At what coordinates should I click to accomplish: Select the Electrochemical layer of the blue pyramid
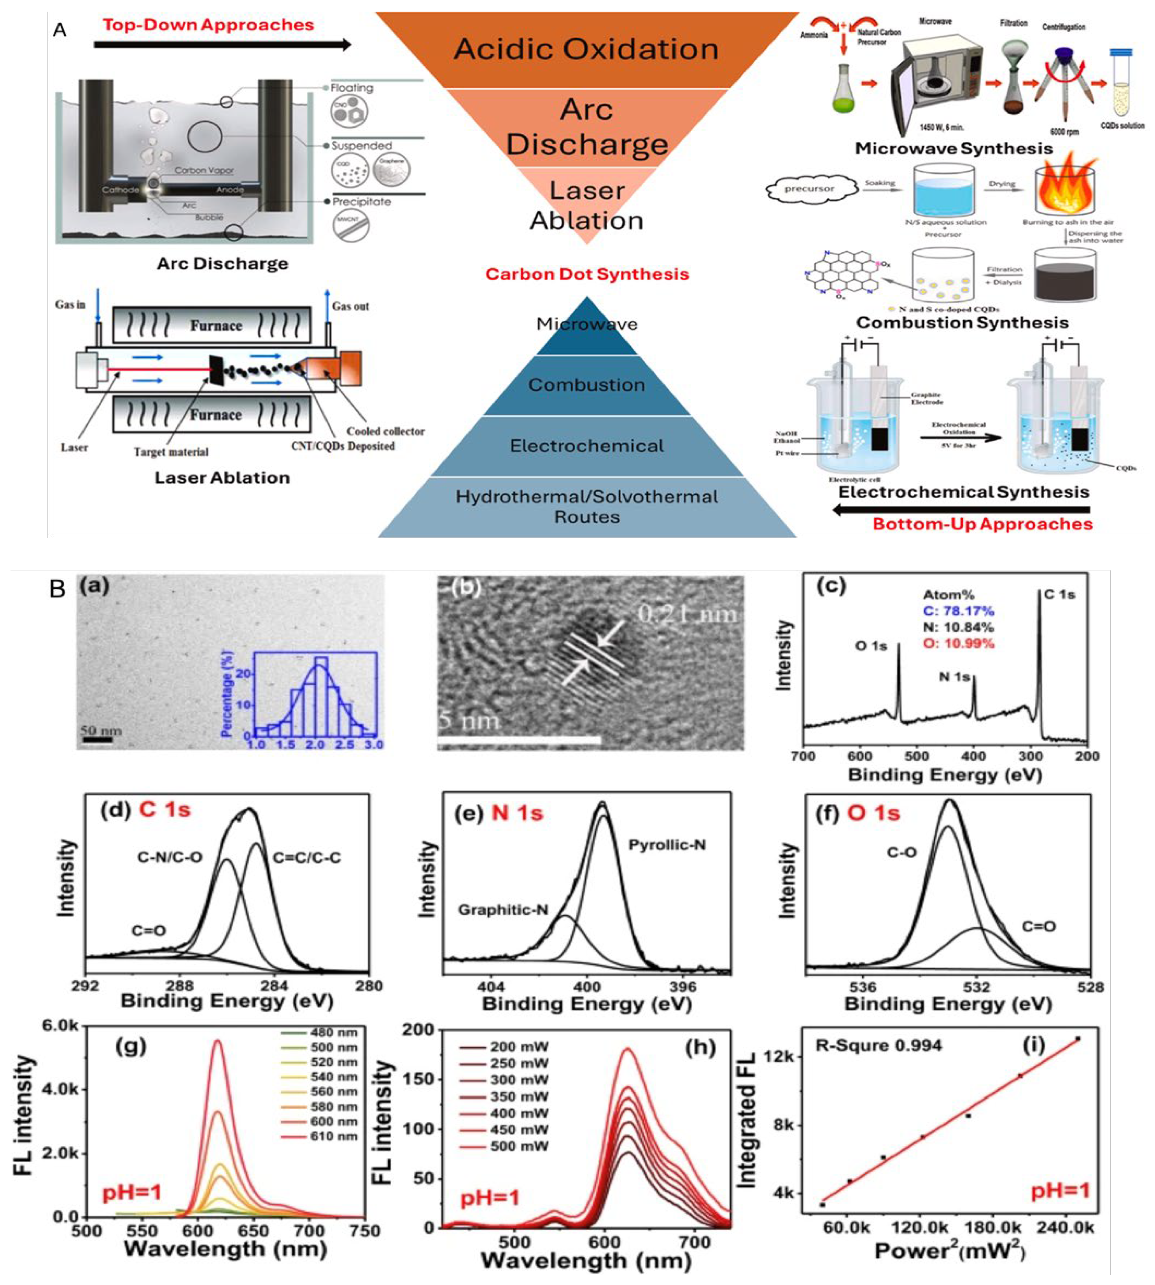tap(586, 446)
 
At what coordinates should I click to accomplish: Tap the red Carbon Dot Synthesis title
tap(586, 274)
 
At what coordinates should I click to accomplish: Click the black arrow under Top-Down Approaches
tap(222, 44)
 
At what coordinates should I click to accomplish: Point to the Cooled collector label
tap(385, 431)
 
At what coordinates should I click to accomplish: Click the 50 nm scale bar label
tap(100, 731)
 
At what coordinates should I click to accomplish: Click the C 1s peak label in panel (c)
tap(1059, 594)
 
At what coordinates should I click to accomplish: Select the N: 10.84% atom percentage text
tap(957, 628)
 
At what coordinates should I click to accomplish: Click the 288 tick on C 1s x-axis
tap(180, 986)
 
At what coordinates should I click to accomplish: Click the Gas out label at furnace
tap(350, 306)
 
